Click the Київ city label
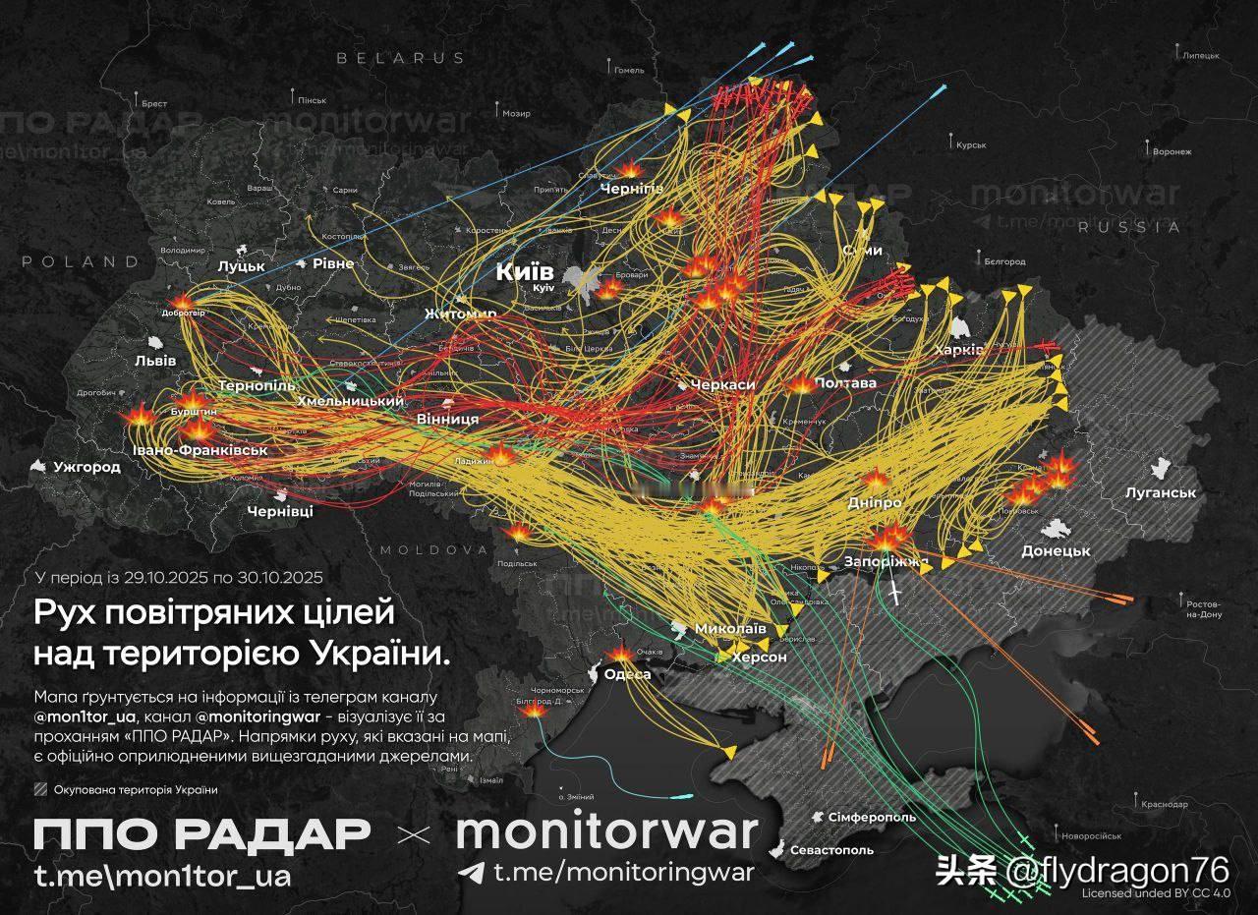click(525, 272)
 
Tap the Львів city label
click(155, 361)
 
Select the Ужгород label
click(87, 467)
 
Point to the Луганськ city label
click(1161, 492)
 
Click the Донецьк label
click(1056, 551)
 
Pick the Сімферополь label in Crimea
click(872, 817)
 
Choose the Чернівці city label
click(280, 512)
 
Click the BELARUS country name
click(400, 58)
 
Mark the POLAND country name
click(81, 261)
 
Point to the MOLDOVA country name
click(434, 548)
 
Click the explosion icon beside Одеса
click(621, 654)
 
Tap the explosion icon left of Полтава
click(800, 384)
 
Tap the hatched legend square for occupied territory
click(39, 789)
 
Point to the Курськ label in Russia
click(970, 144)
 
